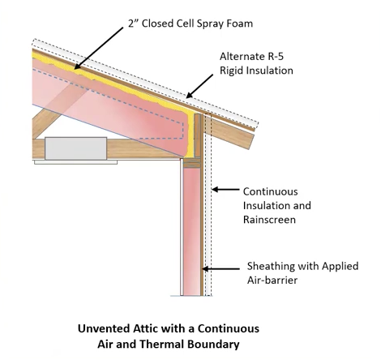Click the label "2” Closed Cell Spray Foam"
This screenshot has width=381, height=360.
point(190,24)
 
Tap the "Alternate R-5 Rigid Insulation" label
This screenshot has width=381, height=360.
point(256,63)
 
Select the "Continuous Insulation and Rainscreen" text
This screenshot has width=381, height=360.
point(277,205)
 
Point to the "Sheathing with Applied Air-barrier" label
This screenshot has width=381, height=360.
point(302,273)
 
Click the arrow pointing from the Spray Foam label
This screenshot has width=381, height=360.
point(99,48)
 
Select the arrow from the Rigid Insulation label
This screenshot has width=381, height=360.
point(199,86)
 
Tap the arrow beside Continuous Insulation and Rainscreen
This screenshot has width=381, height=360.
point(225,190)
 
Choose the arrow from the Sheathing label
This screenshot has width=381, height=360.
point(220,269)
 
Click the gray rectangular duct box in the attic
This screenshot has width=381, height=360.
point(76,148)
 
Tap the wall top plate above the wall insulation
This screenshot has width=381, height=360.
point(192,163)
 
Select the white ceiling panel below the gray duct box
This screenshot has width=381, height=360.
point(75,162)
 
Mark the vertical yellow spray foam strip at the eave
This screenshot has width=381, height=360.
point(191,135)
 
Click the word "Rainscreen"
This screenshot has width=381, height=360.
point(269,220)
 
